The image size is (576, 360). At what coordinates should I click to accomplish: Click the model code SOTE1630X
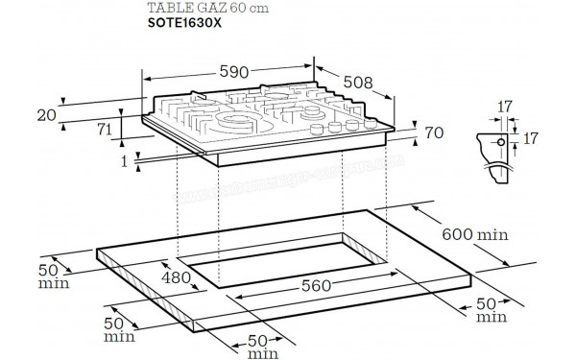click(x=184, y=31)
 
